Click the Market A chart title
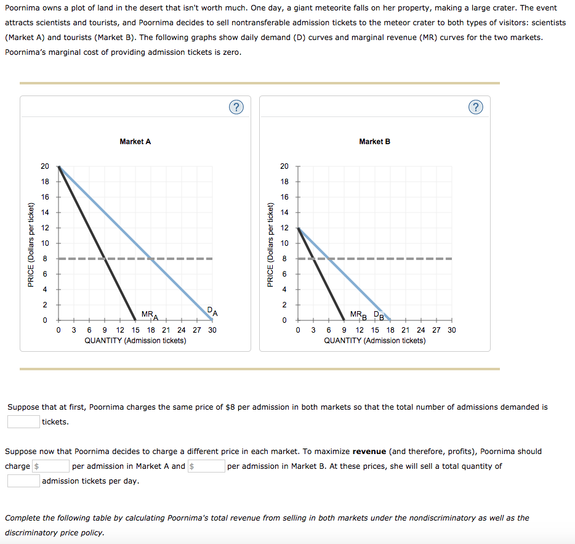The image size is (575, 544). pyautogui.click(x=135, y=142)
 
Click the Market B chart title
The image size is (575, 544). pyautogui.click(x=374, y=142)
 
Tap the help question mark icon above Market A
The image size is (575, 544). pyautogui.click(x=236, y=107)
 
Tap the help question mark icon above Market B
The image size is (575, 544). pyautogui.click(x=475, y=107)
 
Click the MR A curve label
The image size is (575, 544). pyautogui.click(x=150, y=315)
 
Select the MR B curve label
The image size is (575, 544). pyautogui.click(x=358, y=315)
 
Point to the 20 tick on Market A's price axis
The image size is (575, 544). pyautogui.click(x=45, y=166)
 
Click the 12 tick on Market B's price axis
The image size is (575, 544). pyautogui.click(x=284, y=228)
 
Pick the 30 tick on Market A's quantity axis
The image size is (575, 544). pyautogui.click(x=212, y=330)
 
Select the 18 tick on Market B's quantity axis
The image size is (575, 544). pyautogui.click(x=390, y=330)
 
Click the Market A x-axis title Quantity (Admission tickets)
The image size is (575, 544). pyautogui.click(x=135, y=341)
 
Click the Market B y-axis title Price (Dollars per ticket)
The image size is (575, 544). pyautogui.click(x=270, y=244)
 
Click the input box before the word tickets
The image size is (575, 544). pyautogui.click(x=23, y=421)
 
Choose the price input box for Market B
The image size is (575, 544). pyautogui.click(x=207, y=466)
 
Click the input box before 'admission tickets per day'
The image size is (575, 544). pyautogui.click(x=23, y=481)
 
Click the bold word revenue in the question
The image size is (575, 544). pyautogui.click(x=369, y=452)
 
